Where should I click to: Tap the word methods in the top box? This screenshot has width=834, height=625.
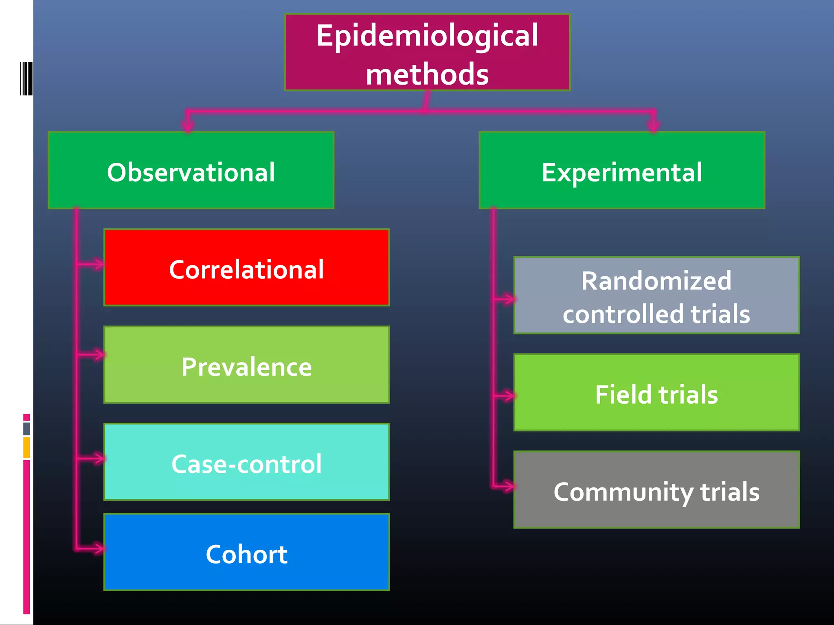coord(427,74)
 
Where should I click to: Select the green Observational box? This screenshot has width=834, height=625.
coord(191,170)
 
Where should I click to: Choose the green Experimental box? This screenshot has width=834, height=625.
coord(621,170)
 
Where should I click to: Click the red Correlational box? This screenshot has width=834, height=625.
coord(246,267)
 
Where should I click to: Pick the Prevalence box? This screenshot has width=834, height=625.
coord(246,365)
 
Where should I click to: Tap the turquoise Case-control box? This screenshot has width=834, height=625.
coord(246,462)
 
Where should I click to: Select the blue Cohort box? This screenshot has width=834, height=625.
coord(246,552)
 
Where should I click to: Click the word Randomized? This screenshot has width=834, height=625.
coord(656,281)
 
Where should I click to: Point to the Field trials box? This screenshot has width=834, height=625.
coord(656,393)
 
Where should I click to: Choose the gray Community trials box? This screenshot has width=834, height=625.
coord(656,490)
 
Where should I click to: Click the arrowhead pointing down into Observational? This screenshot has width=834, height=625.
coord(188,125)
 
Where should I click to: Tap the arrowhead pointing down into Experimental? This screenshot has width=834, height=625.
coord(654,125)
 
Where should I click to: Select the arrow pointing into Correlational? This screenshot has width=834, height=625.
coord(97,264)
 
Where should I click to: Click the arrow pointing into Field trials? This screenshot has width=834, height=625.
coord(508,395)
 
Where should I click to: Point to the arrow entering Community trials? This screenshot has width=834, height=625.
coord(507,486)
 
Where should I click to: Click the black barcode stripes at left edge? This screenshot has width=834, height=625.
coord(26,79)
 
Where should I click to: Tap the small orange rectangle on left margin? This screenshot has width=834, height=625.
coord(26,447)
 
